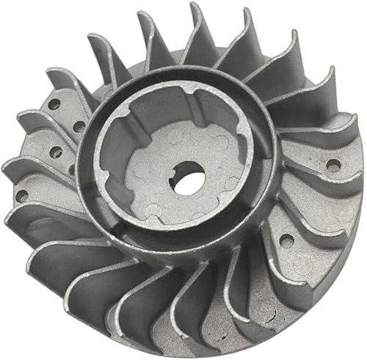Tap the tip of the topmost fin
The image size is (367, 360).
click(x=196, y=6)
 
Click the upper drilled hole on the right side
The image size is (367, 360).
click(x=332, y=165)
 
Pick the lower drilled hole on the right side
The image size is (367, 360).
click(x=287, y=241)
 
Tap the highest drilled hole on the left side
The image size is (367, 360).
click(x=54, y=104)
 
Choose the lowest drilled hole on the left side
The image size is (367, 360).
click(x=23, y=195)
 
